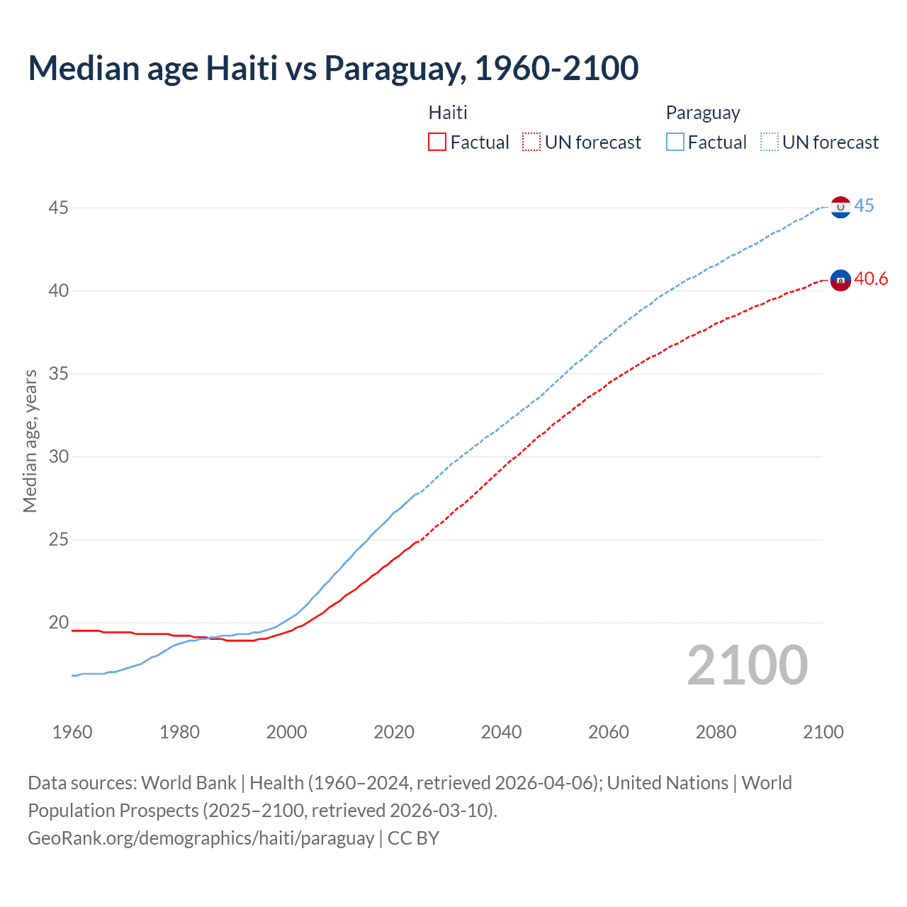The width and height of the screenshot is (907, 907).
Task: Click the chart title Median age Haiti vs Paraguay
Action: click(x=333, y=69)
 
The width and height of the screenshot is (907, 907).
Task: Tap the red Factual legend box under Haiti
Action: click(x=437, y=142)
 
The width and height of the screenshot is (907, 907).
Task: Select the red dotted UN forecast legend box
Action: click(x=531, y=142)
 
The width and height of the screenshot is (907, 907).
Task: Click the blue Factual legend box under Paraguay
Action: click(x=675, y=142)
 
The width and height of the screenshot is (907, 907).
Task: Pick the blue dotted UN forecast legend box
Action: click(x=769, y=142)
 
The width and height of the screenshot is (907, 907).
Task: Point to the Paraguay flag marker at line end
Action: click(x=840, y=208)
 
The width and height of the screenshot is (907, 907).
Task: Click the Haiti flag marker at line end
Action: click(x=840, y=281)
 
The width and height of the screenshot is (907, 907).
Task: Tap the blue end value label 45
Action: click(x=864, y=206)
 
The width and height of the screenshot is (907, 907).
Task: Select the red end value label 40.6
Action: click(x=871, y=279)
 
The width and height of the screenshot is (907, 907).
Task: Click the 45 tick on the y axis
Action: click(x=58, y=208)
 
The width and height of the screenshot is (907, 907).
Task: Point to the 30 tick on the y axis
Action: click(x=58, y=456)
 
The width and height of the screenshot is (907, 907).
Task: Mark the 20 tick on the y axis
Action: click(x=58, y=623)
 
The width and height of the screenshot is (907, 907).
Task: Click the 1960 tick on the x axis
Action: click(x=72, y=732)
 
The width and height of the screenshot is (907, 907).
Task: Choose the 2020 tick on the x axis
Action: click(x=394, y=732)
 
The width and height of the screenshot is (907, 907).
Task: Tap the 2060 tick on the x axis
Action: click(x=609, y=732)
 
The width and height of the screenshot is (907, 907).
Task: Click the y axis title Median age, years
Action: click(x=30, y=441)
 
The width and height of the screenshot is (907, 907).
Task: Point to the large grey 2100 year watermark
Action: click(x=747, y=665)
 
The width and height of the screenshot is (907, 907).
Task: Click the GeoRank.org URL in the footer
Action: click(x=201, y=838)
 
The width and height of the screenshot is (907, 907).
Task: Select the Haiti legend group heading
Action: click(x=448, y=113)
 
